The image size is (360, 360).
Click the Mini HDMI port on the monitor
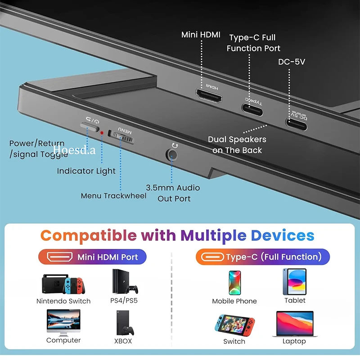pyautogui.click(x=209, y=96)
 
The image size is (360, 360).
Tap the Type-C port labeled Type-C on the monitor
pyautogui.click(x=252, y=110)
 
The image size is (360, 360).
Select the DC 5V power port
pyautogui.click(x=296, y=124)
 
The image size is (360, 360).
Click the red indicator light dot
pyautogui.click(x=102, y=133)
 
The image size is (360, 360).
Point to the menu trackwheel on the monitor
pyautogui.click(x=121, y=137)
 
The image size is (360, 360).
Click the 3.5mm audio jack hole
pyautogui.click(x=172, y=155)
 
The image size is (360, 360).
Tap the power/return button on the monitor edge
pyautogui.click(x=90, y=126)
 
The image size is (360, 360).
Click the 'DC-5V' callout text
pyautogui.click(x=292, y=62)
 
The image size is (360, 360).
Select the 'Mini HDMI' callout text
pyautogui.click(x=201, y=35)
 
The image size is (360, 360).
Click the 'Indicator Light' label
pyautogui.click(x=86, y=171)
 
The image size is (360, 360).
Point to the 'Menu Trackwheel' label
pyautogui.click(x=114, y=196)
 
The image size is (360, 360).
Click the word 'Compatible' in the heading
pyautogui.click(x=89, y=235)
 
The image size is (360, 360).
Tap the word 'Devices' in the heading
pyautogui.click(x=283, y=235)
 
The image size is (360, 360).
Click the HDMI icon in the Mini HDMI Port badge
pyautogui.click(x=60, y=256)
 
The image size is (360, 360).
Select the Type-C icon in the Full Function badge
pyautogui.click(x=212, y=257)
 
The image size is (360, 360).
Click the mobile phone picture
pyautogui.click(x=235, y=283)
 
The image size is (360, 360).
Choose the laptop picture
pyautogui.click(x=295, y=324)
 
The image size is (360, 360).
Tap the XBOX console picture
pyautogui.click(x=125, y=323)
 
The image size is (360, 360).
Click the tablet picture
pyautogui.click(x=295, y=282)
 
